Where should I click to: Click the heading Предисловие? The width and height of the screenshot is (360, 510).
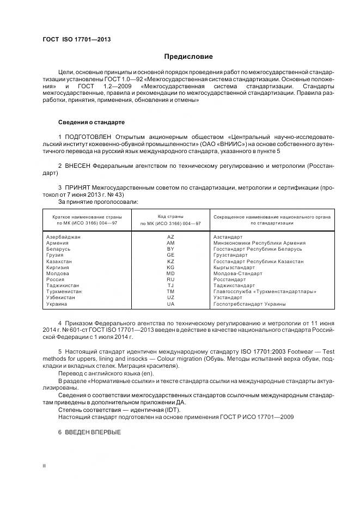point(189,57)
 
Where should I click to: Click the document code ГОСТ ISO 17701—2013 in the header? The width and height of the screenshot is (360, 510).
point(76,39)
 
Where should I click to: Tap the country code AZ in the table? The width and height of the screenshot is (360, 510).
point(170,236)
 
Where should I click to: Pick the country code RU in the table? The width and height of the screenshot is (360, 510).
point(170,279)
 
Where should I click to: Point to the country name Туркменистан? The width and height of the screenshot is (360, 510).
point(64,292)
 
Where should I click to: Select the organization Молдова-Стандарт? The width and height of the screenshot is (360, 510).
point(237,273)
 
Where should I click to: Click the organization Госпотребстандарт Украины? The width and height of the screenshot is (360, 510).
point(249,303)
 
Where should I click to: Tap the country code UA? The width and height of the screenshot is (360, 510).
point(170,303)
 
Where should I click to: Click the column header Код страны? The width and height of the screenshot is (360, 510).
point(170,216)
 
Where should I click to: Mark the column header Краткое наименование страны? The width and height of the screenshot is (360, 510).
point(85,216)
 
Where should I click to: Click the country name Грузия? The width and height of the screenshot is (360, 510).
point(55,254)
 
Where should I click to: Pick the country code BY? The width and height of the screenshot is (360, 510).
point(170,248)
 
